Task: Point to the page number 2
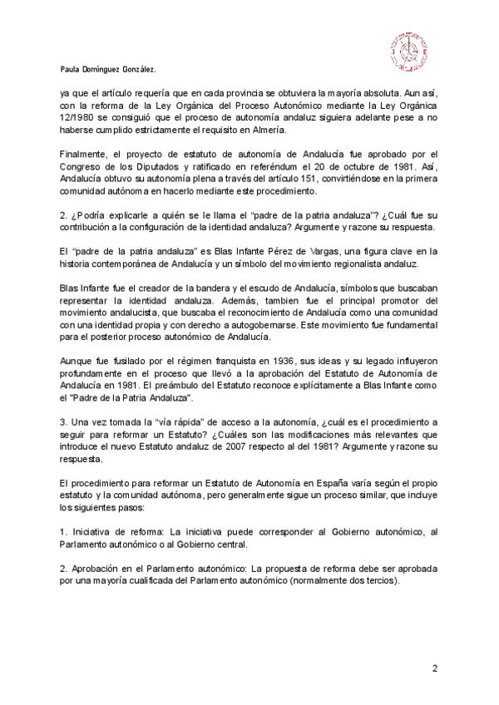click(434, 668)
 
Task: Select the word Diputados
click(152, 166)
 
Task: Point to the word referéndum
click(267, 166)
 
